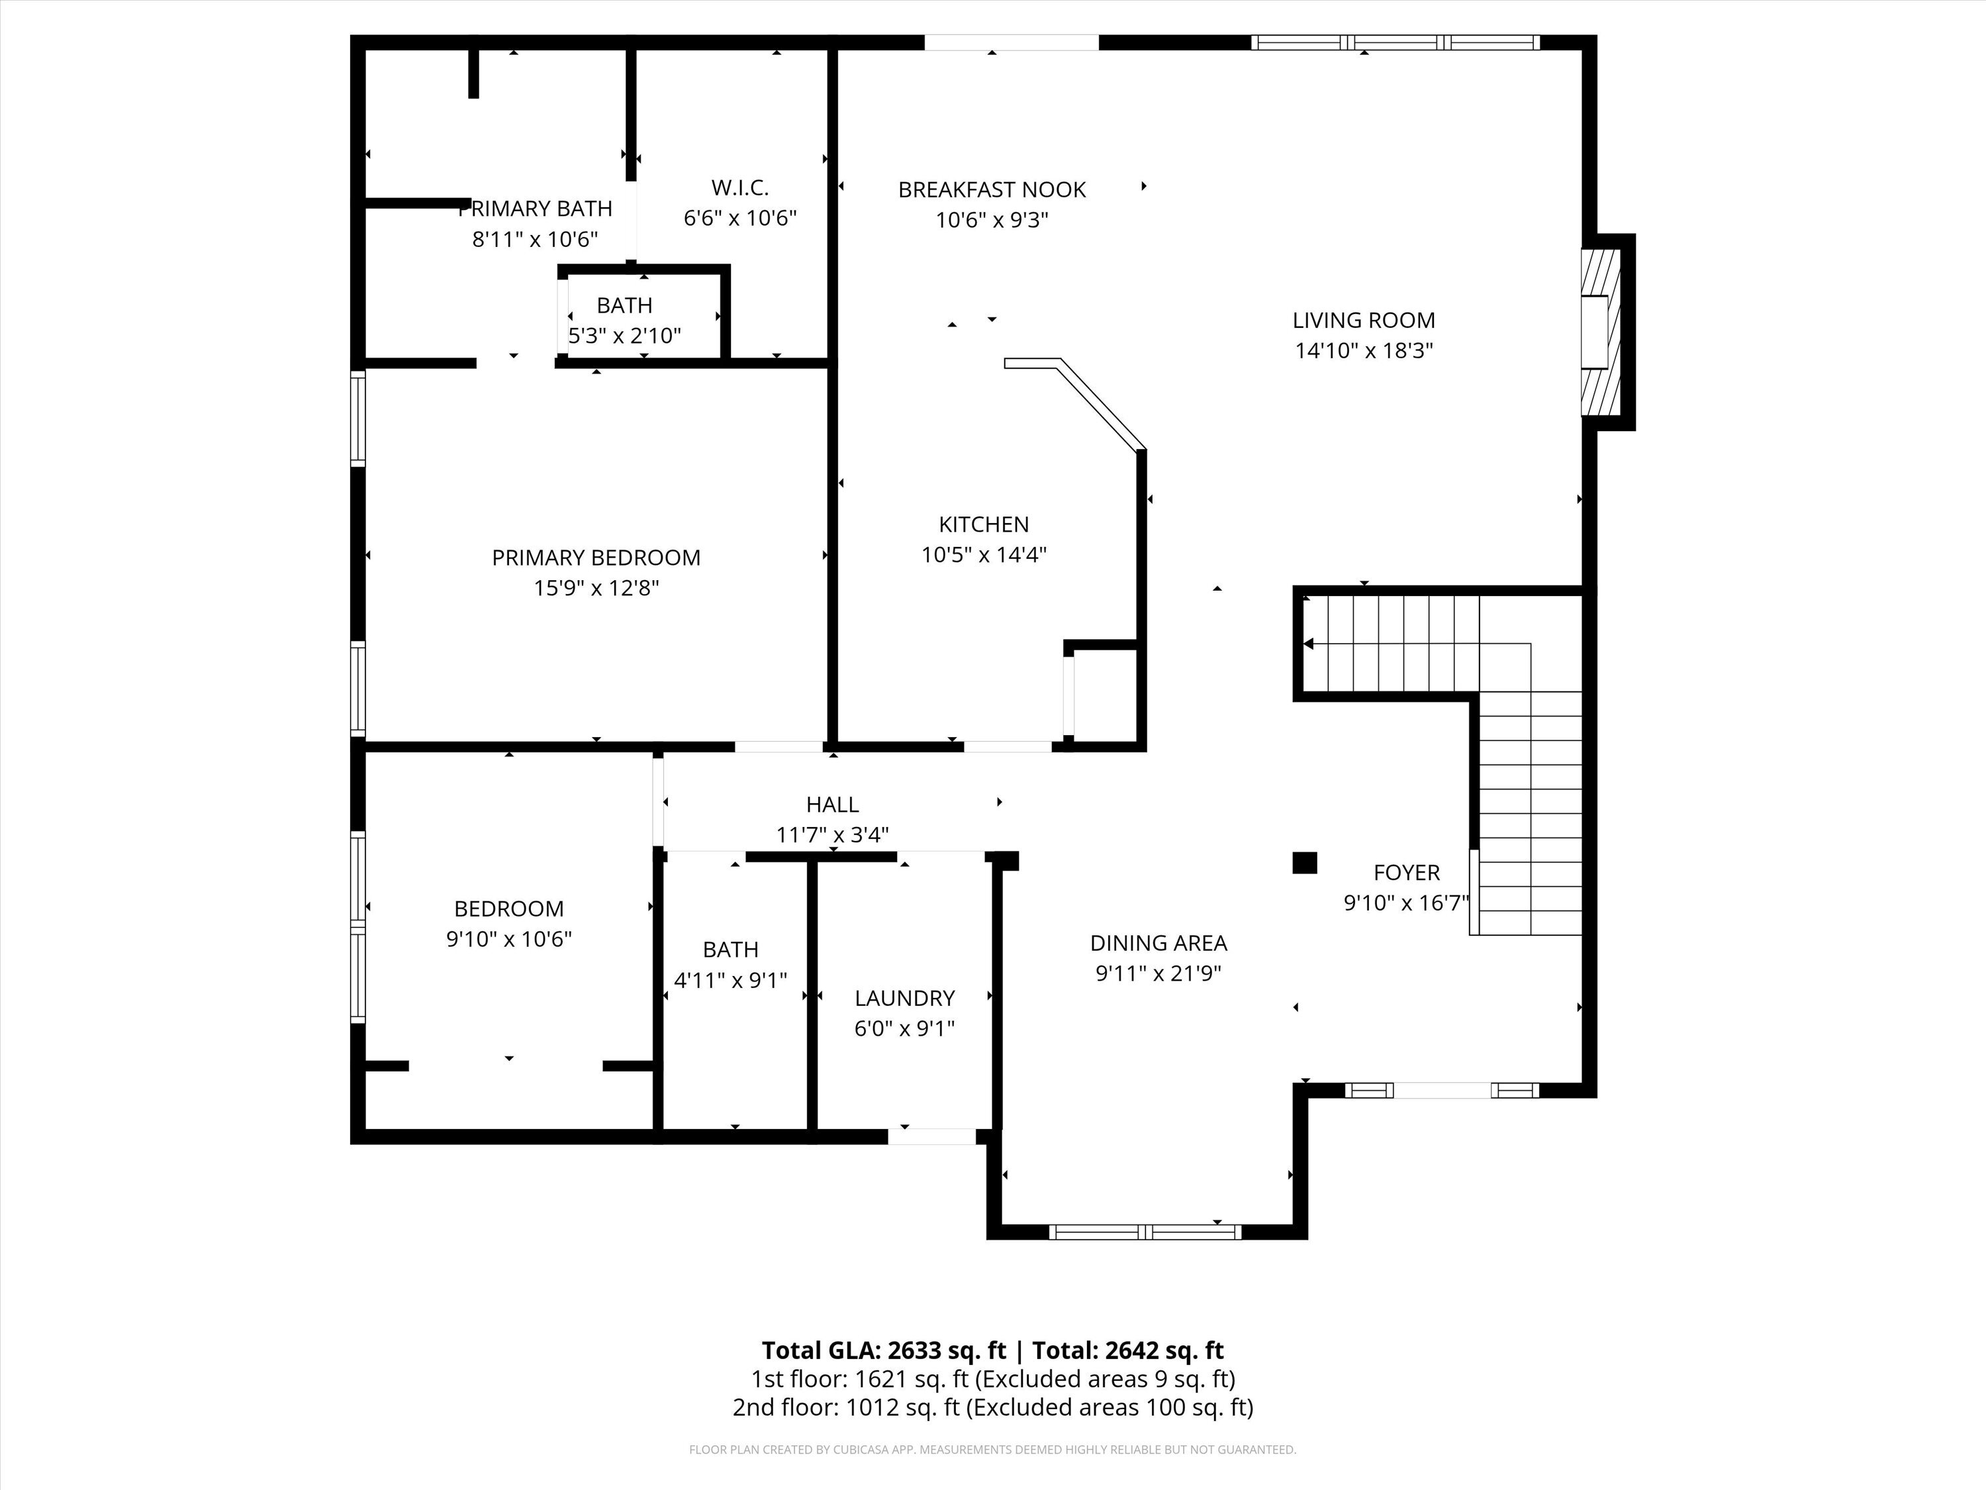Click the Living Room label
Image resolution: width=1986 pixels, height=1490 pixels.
pyautogui.click(x=1363, y=320)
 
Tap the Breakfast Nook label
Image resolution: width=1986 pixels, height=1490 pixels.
pyautogui.click(x=992, y=189)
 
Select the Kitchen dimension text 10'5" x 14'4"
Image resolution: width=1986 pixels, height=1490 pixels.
pyautogui.click(x=984, y=555)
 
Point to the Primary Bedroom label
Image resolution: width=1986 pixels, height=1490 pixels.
pyautogui.click(x=596, y=558)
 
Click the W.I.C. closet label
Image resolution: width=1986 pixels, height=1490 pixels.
pyautogui.click(x=740, y=187)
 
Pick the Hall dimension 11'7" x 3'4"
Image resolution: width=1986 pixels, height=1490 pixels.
pyautogui.click(x=832, y=835)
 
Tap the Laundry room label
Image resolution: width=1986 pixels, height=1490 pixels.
pyautogui.click(x=904, y=998)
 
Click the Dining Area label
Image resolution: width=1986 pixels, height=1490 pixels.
pyautogui.click(x=1158, y=943)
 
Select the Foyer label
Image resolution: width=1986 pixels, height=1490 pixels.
pyautogui.click(x=1406, y=872)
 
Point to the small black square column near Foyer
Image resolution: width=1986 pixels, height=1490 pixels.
pyautogui.click(x=1305, y=862)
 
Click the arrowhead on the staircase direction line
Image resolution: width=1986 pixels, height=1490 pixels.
pyautogui.click(x=1308, y=643)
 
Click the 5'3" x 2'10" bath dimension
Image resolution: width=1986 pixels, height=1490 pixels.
pyautogui.click(x=625, y=336)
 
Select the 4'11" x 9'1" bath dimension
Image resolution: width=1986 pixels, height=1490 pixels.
pyautogui.click(x=730, y=980)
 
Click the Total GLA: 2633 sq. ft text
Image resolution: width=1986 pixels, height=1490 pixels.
pyautogui.click(x=884, y=1351)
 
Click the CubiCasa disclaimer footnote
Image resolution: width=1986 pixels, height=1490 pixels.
pyautogui.click(x=993, y=1450)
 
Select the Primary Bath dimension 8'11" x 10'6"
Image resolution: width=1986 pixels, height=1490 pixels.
pyautogui.click(x=535, y=239)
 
